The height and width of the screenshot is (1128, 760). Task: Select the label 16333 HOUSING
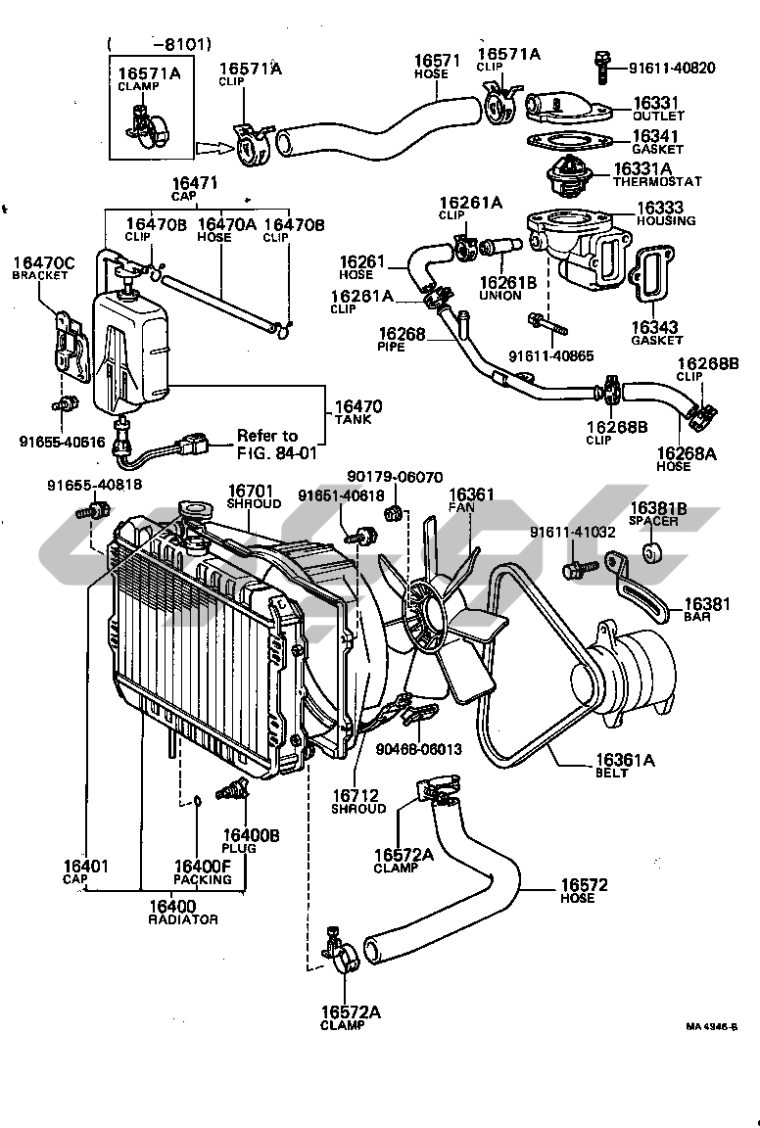pos(665,213)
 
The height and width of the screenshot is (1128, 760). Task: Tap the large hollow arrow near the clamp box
pos(212,149)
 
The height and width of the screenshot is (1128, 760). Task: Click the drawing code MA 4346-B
pos(711,1026)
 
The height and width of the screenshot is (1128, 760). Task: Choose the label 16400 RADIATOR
pos(182,912)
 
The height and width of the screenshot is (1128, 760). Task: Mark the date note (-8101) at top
pos(162,42)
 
